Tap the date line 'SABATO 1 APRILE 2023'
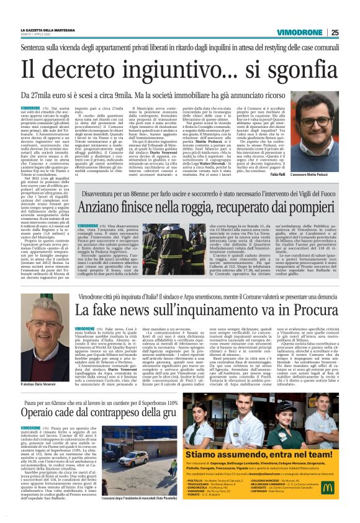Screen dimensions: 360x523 click(x=40, y=34)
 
